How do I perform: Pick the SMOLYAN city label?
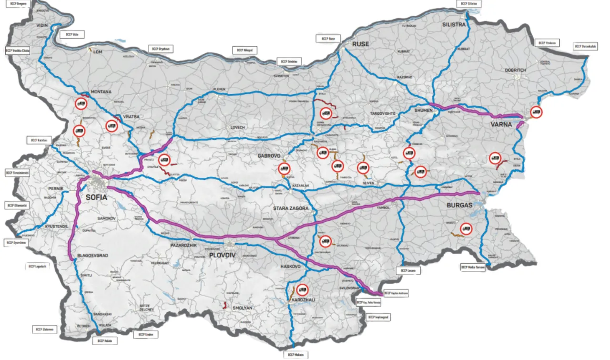[245, 308]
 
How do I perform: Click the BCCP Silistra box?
[469, 4]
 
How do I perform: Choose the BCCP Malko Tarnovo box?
[473, 267]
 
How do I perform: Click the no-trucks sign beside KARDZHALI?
[302, 289]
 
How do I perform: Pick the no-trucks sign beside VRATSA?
[112, 125]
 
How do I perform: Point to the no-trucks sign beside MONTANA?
[81, 102]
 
